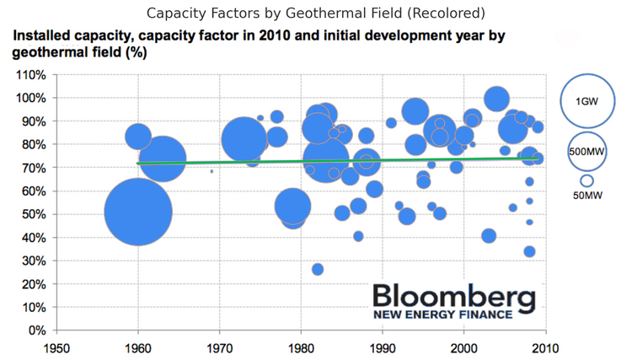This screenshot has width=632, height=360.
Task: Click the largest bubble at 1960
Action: [138, 211]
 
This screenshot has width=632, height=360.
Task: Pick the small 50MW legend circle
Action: [586, 180]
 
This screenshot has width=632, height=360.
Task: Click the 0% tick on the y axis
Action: [37, 330]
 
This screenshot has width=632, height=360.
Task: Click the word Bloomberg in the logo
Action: [453, 298]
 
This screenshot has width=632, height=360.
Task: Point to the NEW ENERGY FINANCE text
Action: [442, 315]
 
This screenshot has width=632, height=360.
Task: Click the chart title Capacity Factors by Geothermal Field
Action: [315, 13]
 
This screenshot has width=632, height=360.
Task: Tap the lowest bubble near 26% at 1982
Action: [318, 270]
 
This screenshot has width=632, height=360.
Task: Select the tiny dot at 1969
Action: [212, 171]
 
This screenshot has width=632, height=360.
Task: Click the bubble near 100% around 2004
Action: [496, 98]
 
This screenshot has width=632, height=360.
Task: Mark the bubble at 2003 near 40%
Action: [489, 235]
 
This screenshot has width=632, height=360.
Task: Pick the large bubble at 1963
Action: [163, 158]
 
